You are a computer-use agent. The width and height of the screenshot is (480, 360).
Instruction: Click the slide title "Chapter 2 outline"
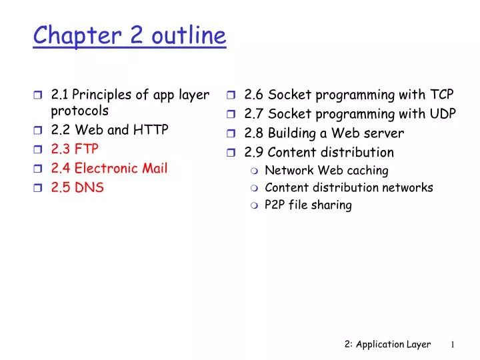click(x=130, y=35)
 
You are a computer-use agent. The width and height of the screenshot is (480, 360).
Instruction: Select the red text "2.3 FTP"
click(x=75, y=149)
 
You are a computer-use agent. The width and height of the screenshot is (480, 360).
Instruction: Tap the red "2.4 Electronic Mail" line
click(x=109, y=168)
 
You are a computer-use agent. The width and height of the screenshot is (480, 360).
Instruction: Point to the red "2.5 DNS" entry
click(x=77, y=187)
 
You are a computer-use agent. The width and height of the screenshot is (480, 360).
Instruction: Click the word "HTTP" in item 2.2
click(x=155, y=130)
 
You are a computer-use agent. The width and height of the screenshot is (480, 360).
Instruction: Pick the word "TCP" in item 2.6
click(x=441, y=94)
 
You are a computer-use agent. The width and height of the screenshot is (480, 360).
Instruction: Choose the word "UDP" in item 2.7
click(x=441, y=113)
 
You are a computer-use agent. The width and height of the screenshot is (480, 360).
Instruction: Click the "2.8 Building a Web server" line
click(x=324, y=133)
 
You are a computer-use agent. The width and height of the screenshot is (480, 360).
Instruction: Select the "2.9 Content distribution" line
click(x=319, y=152)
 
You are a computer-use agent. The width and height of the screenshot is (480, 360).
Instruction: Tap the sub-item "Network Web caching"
click(x=326, y=170)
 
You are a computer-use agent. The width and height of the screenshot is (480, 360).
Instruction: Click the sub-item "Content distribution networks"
click(x=349, y=187)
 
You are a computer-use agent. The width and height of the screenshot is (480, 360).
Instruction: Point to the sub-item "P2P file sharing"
click(x=308, y=205)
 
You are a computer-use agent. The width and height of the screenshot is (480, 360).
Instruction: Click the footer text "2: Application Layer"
click(x=388, y=344)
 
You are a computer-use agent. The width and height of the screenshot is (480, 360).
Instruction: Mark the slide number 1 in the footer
click(x=452, y=345)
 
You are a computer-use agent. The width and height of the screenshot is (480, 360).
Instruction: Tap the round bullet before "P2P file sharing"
click(x=255, y=205)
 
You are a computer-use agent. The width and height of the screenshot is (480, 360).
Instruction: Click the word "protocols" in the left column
click(x=79, y=111)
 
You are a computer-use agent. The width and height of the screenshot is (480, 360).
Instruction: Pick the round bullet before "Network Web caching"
click(x=255, y=171)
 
